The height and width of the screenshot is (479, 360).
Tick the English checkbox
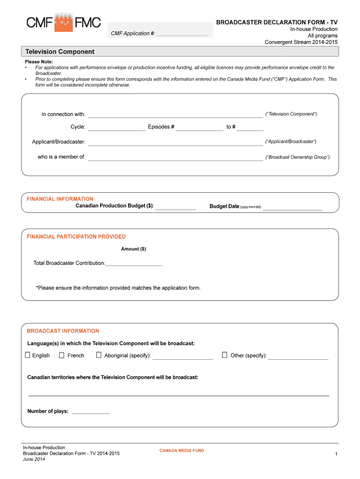[28, 355]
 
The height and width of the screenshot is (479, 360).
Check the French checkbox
[62, 355]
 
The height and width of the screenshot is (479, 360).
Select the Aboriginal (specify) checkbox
[99, 355]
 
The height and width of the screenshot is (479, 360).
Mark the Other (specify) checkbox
[224, 355]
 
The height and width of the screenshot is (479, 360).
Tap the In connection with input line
[175, 114]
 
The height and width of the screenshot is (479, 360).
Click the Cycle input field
[116, 127]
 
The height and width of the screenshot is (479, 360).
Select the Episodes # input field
[200, 127]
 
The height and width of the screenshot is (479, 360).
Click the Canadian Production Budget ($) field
[175, 206]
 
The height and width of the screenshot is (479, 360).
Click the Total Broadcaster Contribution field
[134, 263]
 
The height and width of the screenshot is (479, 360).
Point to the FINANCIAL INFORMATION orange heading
[60, 199]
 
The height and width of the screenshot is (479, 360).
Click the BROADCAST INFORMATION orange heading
[63, 331]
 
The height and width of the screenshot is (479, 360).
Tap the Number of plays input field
[91, 411]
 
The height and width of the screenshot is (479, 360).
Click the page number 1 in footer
[336, 454]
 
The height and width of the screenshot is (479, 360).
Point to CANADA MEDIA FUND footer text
[181, 450]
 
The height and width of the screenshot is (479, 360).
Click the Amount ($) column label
[133, 249]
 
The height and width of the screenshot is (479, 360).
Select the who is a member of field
[175, 157]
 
